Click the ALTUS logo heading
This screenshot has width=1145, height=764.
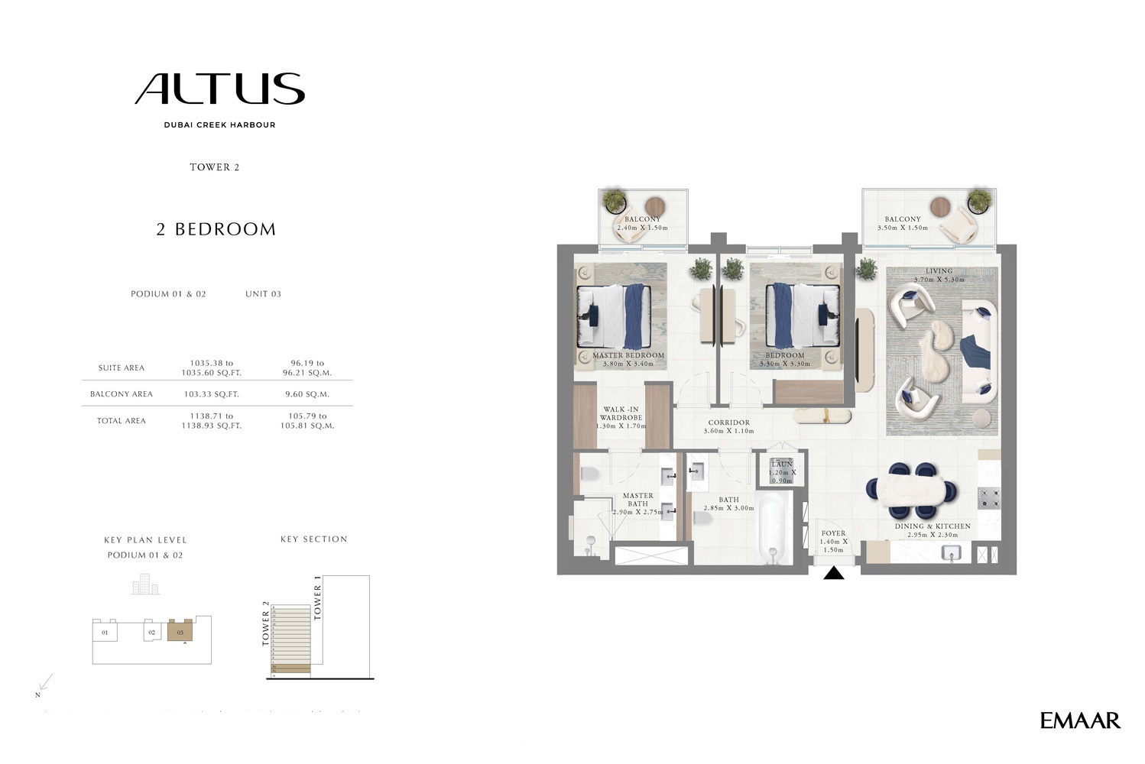tap(220, 89)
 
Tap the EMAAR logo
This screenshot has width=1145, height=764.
tap(1079, 720)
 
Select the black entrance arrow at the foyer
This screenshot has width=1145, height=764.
tap(833, 573)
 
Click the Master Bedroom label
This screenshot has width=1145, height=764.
tap(628, 356)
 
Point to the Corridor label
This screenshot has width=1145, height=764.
tap(728, 422)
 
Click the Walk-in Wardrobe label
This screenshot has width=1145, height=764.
tap(621, 414)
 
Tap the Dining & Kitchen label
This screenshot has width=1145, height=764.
tap(932, 526)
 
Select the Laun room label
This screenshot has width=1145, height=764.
tap(781, 465)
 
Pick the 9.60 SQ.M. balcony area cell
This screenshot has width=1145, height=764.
tap(307, 394)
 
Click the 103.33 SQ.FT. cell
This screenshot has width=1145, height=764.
tap(211, 394)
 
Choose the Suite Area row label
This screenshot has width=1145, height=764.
tap(121, 368)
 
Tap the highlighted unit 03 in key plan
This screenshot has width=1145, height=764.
tap(180, 632)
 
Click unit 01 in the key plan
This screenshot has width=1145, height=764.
tap(105, 633)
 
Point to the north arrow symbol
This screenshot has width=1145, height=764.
tap(45, 682)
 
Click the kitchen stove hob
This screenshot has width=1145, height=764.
tap(989, 499)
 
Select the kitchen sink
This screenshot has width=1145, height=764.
tap(951, 552)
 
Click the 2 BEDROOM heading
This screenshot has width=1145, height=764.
tap(216, 229)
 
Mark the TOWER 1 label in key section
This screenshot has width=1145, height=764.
tap(318, 602)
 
